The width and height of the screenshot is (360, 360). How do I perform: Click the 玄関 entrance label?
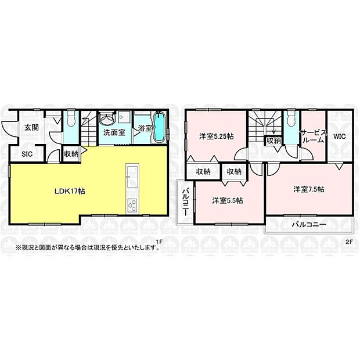31,128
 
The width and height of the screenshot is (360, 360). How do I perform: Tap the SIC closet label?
27,154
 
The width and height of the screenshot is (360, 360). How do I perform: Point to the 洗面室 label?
114,132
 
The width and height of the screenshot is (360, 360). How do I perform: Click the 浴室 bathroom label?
145,128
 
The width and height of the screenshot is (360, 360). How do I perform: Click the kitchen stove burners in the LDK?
131,205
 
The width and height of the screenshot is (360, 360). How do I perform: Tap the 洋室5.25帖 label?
216,136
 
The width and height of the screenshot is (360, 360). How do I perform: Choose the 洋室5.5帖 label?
227,200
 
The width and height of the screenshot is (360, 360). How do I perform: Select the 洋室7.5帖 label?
308,189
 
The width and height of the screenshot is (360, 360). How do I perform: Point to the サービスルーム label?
312,136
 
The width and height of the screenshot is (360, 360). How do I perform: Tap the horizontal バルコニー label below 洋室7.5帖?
308,224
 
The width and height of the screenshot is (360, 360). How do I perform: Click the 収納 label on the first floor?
71,154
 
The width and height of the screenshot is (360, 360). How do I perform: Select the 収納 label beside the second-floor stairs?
273,141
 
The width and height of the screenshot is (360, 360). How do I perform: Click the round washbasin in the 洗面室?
106,119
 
